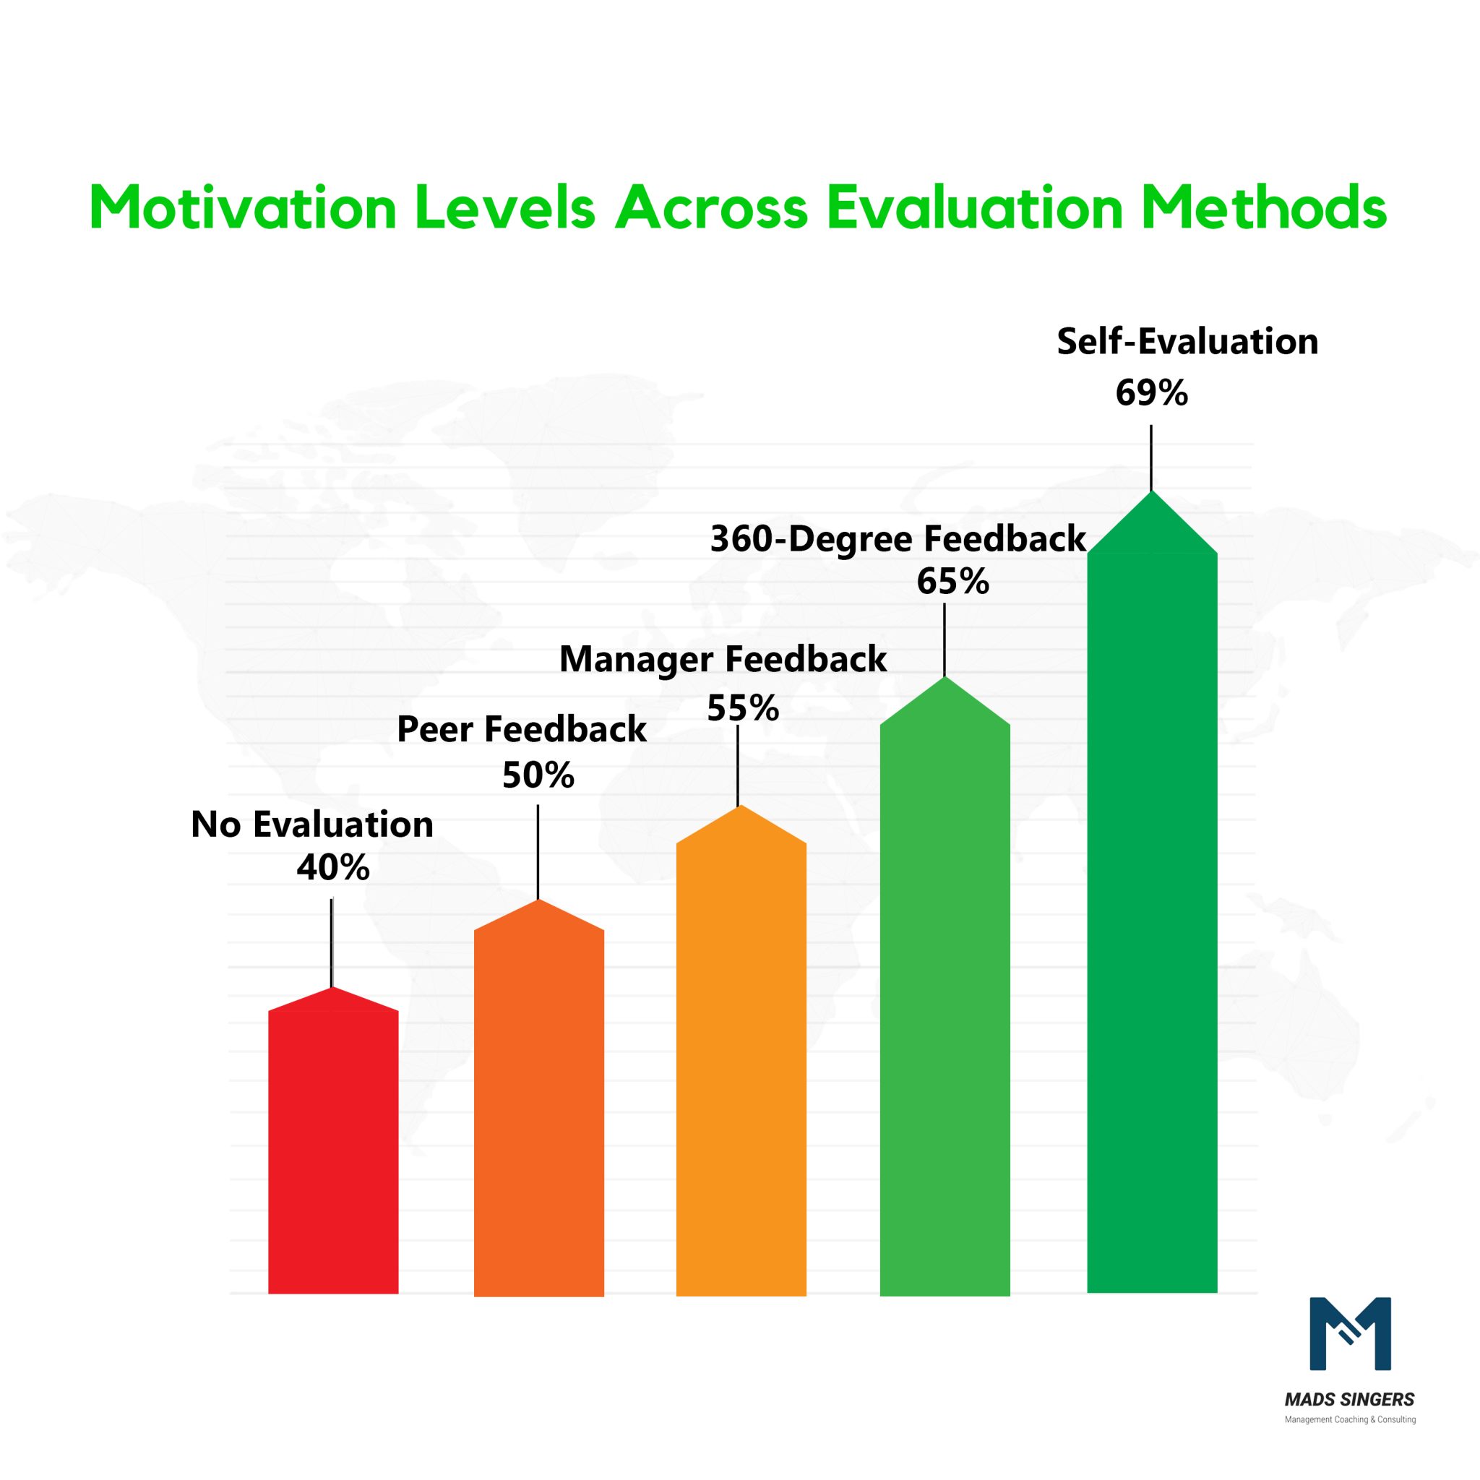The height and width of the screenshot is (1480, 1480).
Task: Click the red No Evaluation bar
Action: [x=333, y=1149]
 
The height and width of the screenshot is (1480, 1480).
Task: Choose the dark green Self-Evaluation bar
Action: [x=1151, y=919]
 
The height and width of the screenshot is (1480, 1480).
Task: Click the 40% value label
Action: [x=333, y=868]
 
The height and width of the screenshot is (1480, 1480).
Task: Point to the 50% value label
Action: [x=538, y=775]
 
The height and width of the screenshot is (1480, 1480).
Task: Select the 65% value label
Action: [x=952, y=582]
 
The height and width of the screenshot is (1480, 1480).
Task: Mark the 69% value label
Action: [x=1150, y=393]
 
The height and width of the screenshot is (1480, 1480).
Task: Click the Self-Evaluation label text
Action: [x=1187, y=342]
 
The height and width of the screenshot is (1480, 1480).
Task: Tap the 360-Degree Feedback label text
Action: [x=898, y=539]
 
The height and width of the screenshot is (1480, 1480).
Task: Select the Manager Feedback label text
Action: [x=723, y=660]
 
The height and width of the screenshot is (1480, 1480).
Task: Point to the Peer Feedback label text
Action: [x=522, y=729]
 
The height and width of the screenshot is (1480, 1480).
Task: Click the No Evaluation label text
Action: [x=311, y=825]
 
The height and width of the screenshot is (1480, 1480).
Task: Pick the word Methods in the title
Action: [x=1263, y=207]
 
